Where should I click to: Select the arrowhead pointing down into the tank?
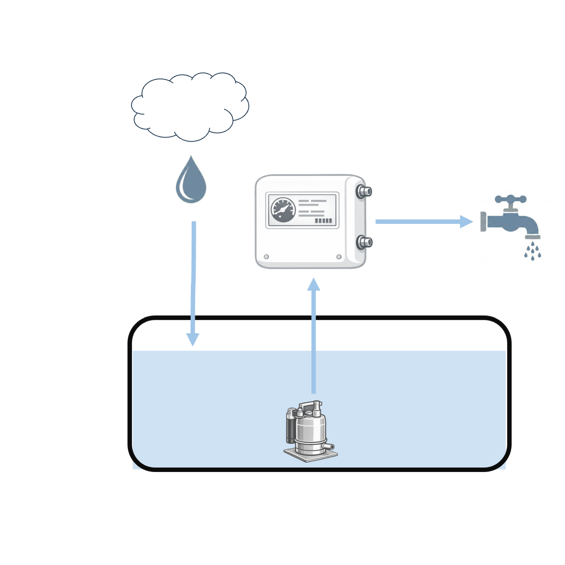point(193,339)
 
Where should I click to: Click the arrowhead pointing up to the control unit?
point(314,285)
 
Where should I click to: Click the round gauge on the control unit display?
point(283,210)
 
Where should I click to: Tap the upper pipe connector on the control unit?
point(364,192)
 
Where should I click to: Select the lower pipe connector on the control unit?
point(364,242)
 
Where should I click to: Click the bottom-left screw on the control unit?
point(266,257)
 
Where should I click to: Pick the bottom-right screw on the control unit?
point(339,257)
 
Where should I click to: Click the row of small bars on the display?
point(323,221)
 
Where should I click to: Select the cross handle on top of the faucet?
point(511,200)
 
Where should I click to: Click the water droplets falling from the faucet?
point(533,251)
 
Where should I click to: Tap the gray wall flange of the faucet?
point(483,222)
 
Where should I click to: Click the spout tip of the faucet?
point(533,237)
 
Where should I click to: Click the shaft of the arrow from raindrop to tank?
point(193,278)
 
